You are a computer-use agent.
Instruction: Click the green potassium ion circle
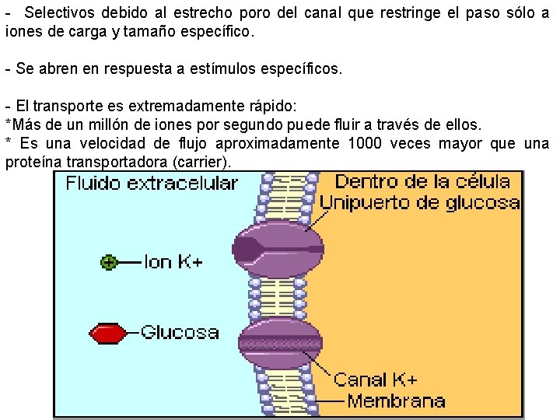(109, 262)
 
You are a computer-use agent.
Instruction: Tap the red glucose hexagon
(107, 334)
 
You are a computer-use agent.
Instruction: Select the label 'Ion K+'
(173, 262)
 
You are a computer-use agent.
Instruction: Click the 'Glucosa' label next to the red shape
(179, 333)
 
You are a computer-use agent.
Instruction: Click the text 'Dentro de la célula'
(422, 183)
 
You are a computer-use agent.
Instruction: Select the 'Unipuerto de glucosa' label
(420, 204)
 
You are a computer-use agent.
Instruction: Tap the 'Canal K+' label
(376, 380)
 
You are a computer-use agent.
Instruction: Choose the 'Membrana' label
(396, 401)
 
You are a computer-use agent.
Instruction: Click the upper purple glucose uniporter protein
(279, 249)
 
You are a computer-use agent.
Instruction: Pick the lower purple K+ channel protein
(279, 342)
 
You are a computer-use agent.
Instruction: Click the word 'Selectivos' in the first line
(57, 15)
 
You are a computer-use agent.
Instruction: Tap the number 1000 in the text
(366, 144)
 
